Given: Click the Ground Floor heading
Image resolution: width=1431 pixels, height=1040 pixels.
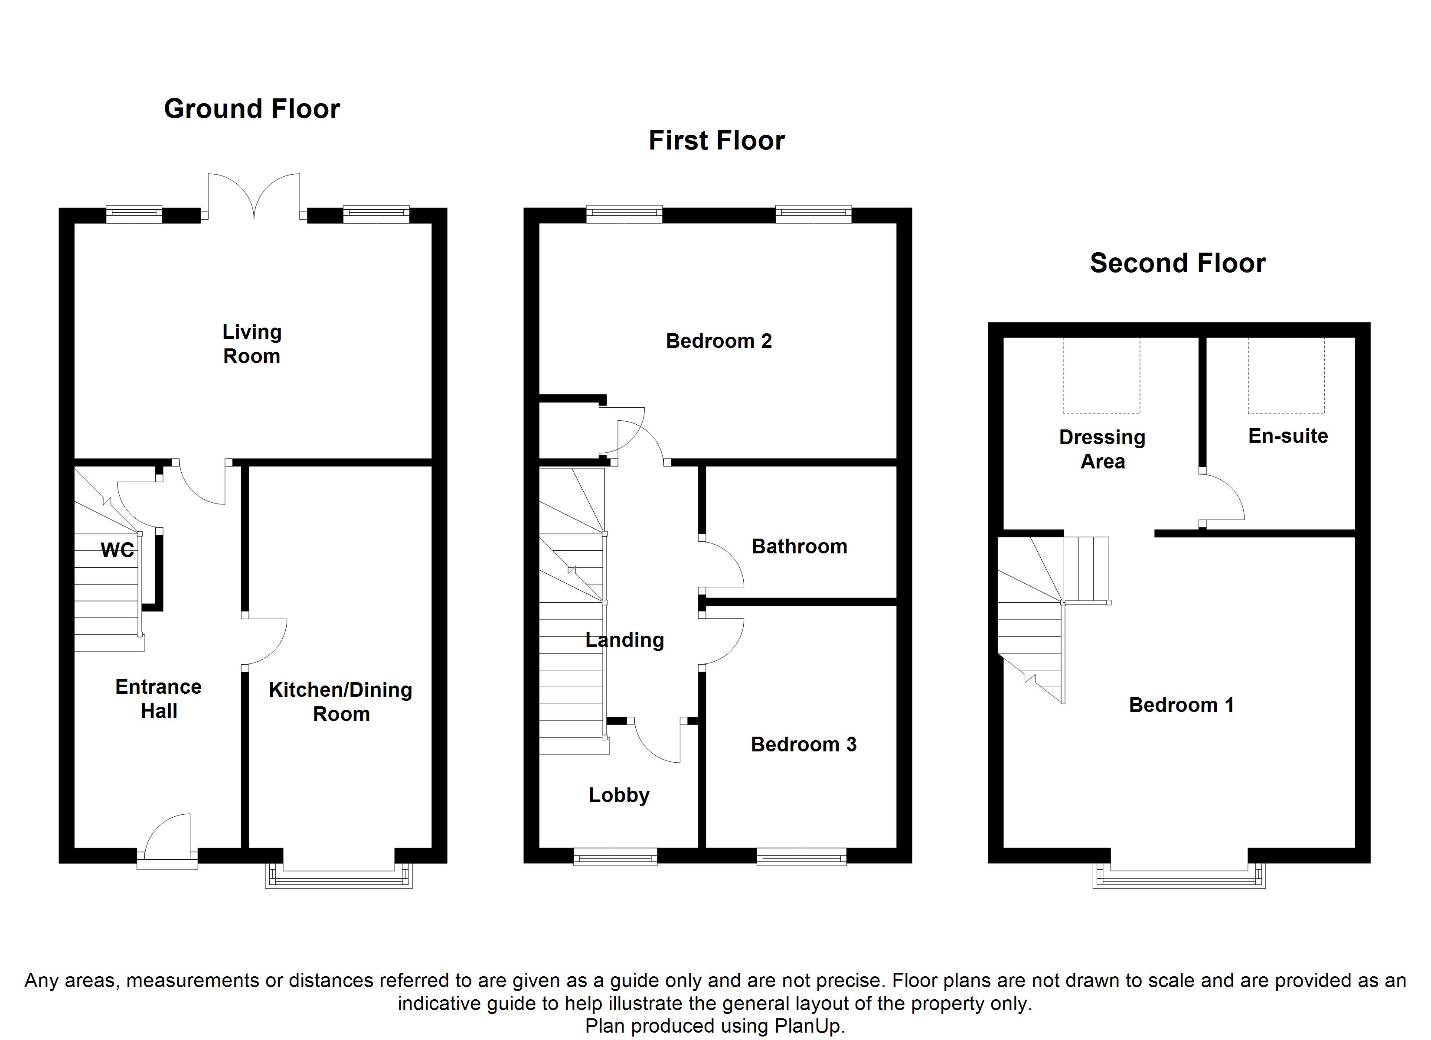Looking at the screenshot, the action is tap(252, 109).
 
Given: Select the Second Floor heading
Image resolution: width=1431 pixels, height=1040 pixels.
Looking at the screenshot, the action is tap(1177, 263).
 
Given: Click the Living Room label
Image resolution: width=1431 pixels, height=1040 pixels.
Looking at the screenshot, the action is tap(252, 344).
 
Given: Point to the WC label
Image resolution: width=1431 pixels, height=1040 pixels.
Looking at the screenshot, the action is tap(118, 551).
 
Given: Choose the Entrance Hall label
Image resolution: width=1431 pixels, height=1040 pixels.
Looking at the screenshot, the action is tap(158, 699).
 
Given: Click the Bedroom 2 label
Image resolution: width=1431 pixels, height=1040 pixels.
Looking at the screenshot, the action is tap(719, 341).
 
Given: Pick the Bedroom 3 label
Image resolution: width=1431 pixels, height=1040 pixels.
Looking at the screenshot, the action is tap(803, 744).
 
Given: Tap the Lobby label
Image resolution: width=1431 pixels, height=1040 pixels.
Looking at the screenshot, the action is tap(619, 795).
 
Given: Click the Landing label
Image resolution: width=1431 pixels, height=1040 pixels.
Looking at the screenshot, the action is tap(624, 640).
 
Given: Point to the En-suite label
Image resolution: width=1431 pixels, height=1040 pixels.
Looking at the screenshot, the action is tap(1288, 436).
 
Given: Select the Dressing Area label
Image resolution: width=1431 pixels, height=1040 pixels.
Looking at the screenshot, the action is tap(1102, 449).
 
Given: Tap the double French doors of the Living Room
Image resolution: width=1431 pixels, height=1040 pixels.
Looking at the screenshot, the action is tap(254, 197).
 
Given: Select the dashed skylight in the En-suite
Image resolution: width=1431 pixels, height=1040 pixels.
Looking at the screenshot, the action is tap(1286, 376).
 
